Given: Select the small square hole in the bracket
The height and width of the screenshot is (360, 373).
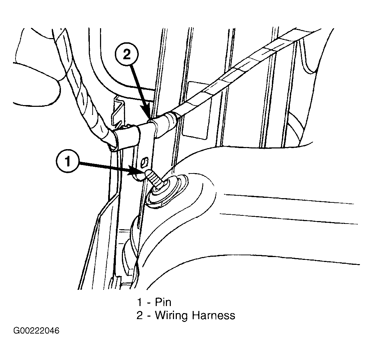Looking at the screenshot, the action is pos(144,162).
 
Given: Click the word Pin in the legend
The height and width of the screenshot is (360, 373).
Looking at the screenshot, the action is pos(163,302).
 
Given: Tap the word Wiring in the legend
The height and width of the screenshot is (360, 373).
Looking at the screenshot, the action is pos(172,316).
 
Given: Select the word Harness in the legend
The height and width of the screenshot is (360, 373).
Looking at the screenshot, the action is pos(213,315).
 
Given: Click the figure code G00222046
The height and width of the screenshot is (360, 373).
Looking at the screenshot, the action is pos(36,331).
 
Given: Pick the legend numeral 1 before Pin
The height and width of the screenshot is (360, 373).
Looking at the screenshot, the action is pos(139,302).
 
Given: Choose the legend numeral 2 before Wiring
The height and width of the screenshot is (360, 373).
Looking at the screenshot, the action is pos(139,315).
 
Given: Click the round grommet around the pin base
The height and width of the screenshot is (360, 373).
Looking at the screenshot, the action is pos(167,190).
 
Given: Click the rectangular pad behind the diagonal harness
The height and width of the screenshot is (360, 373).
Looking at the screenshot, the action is pos(195,110).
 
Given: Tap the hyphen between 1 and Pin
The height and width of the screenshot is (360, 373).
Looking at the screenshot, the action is pos(149,303).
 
